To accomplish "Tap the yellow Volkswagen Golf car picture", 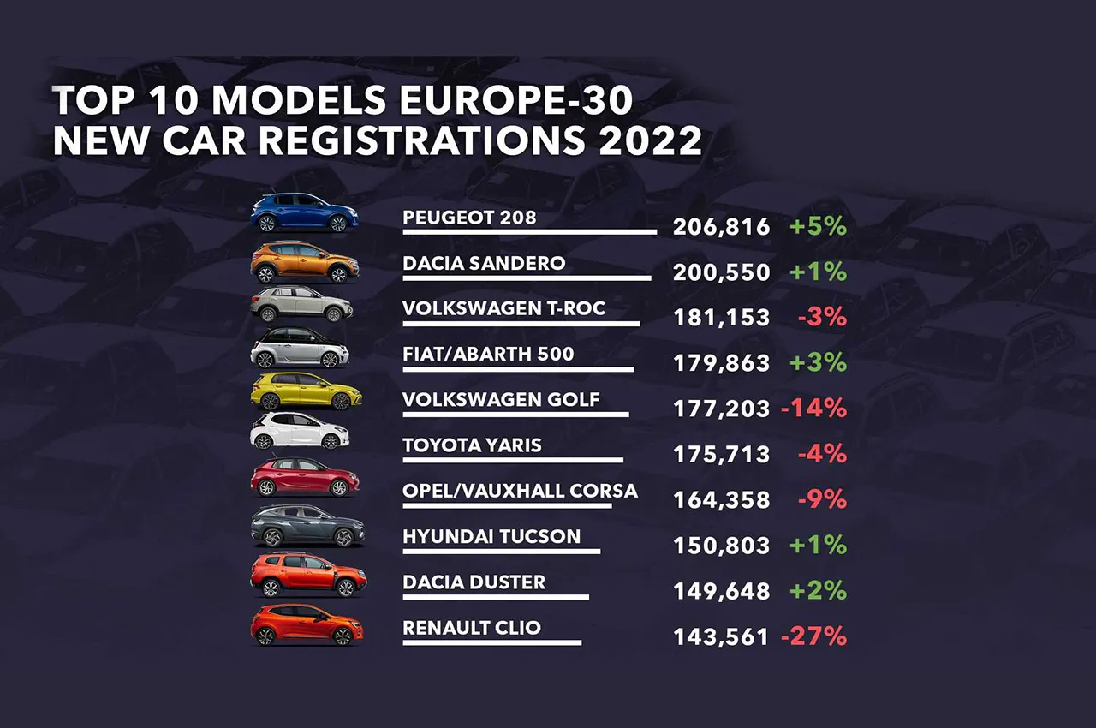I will click(x=306, y=392).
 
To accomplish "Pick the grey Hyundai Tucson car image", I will click(x=307, y=526).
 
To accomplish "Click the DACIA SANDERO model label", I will click(x=484, y=262).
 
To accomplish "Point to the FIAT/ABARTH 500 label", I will click(x=488, y=354).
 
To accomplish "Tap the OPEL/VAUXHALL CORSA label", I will click(x=520, y=491).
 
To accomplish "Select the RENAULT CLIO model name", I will click(x=472, y=628).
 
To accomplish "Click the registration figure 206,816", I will click(x=721, y=227).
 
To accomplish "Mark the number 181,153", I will click(x=721, y=318).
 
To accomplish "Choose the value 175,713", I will click(x=721, y=455).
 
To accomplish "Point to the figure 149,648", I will click(x=721, y=591).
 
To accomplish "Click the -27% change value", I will click(x=813, y=636).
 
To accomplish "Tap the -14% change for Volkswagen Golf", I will click(x=813, y=409).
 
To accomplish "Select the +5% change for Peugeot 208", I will click(x=818, y=227).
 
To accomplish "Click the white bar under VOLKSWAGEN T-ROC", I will click(x=521, y=324).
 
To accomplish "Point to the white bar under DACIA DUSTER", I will click(x=496, y=597).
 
